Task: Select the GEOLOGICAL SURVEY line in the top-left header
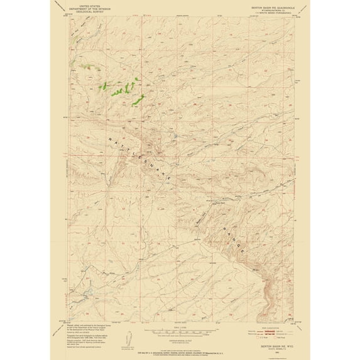tap(82, 13)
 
